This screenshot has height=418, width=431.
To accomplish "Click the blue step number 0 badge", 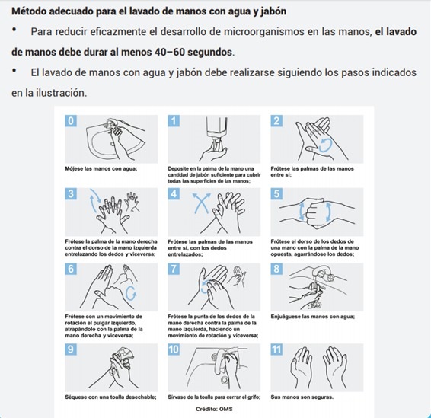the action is pos(71,121).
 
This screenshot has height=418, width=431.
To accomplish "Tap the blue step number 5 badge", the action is pos(276,193).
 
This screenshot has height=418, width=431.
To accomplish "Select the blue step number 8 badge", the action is pos(276,269).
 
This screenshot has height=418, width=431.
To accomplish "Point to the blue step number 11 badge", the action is pos(276,349).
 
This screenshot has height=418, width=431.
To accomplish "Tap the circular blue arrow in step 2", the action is pos(326,145).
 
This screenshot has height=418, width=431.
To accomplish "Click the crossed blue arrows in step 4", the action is pos(202,203).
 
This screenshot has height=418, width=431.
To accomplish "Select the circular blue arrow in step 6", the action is pos(131,293).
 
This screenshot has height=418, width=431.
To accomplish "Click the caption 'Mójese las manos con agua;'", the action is pos(101,168).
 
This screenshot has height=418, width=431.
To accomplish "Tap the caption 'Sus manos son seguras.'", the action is pos(302,397).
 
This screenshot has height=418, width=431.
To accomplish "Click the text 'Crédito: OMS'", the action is pos(214,409).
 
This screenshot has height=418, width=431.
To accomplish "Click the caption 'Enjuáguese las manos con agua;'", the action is pos(313,317).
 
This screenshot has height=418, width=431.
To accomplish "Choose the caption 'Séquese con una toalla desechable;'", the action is pos(110,397).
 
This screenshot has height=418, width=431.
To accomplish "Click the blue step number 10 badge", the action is pos(174,349).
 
